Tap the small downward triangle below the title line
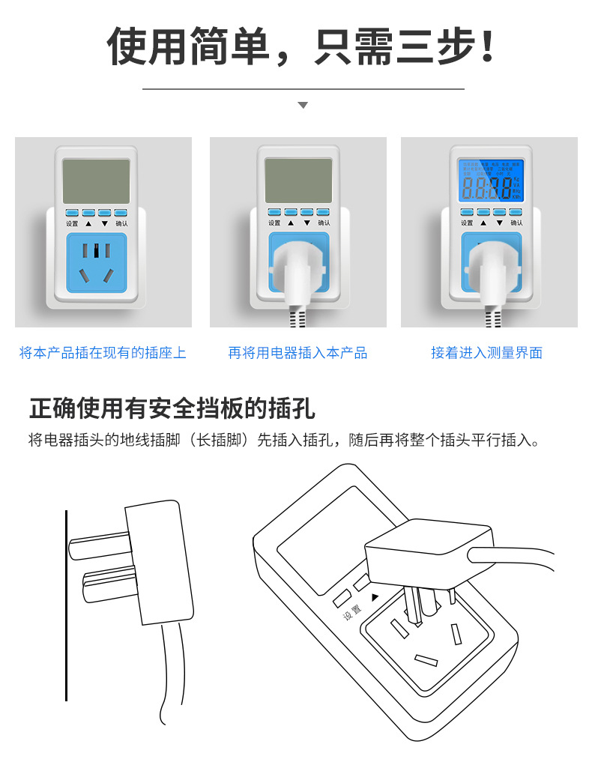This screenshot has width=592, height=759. coord(303,106)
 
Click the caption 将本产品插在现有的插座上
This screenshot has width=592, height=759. coord(103,353)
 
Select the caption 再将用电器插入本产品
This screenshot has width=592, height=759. coord(297,353)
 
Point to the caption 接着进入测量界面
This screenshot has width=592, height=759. coord(486,353)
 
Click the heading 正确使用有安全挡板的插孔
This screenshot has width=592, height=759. coord(172,408)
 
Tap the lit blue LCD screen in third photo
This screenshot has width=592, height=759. coord(492,181)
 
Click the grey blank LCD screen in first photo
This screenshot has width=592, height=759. coord(96,181)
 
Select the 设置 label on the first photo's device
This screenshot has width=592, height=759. coord(72,223)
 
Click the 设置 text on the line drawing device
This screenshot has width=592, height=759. coord(352,612)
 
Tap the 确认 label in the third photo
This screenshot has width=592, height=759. coord(516,223)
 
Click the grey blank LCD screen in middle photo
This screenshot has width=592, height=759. coord(298,181)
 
